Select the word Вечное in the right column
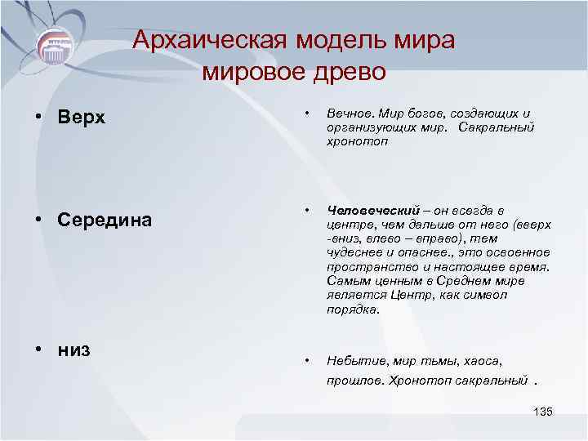(x=350, y=113)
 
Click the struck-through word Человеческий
(x=372, y=212)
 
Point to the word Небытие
(x=356, y=360)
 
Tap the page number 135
(x=542, y=411)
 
